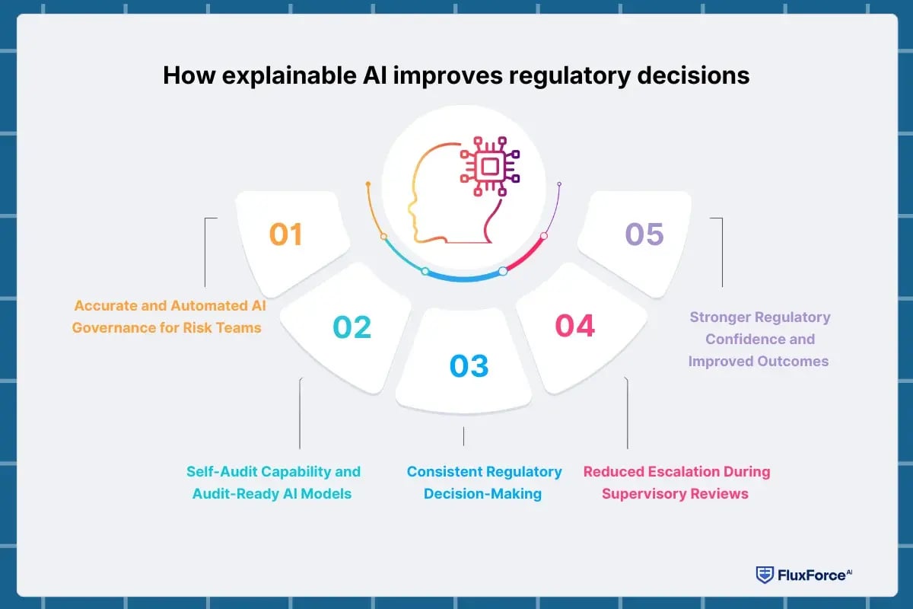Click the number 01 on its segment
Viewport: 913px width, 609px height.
pyautogui.click(x=286, y=234)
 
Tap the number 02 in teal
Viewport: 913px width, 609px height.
pyautogui.click(x=352, y=327)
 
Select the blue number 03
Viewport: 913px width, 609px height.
pyautogui.click(x=469, y=366)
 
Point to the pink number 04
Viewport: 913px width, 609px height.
pyautogui.click(x=574, y=326)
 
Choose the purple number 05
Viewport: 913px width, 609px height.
pyautogui.click(x=644, y=234)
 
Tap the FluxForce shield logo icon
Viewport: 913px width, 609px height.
pyautogui.click(x=763, y=575)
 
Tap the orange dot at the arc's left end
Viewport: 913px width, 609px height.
pyautogui.click(x=367, y=184)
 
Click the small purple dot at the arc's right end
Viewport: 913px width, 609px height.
pyautogui.click(x=559, y=184)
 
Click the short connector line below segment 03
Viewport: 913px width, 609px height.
pyautogui.click(x=463, y=435)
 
